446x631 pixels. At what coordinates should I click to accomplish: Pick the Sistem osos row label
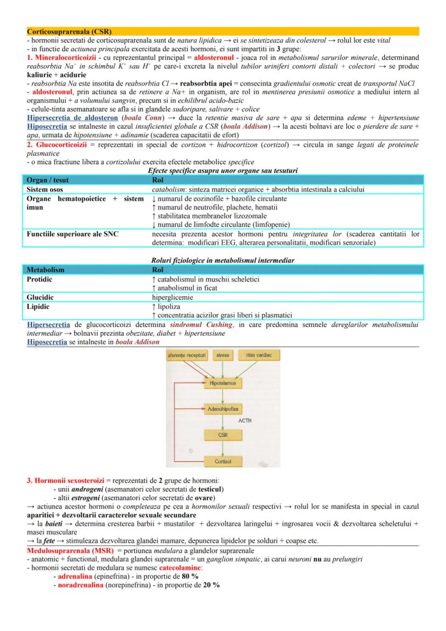coord(45,189)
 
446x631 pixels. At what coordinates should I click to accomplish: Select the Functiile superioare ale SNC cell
coord(73,234)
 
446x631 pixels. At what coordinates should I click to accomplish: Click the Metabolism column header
coord(46,269)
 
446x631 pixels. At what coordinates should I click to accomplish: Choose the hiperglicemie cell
coord(173,296)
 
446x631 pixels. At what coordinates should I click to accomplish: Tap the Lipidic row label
coord(38,306)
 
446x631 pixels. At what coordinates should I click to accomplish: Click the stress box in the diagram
coord(222,355)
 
